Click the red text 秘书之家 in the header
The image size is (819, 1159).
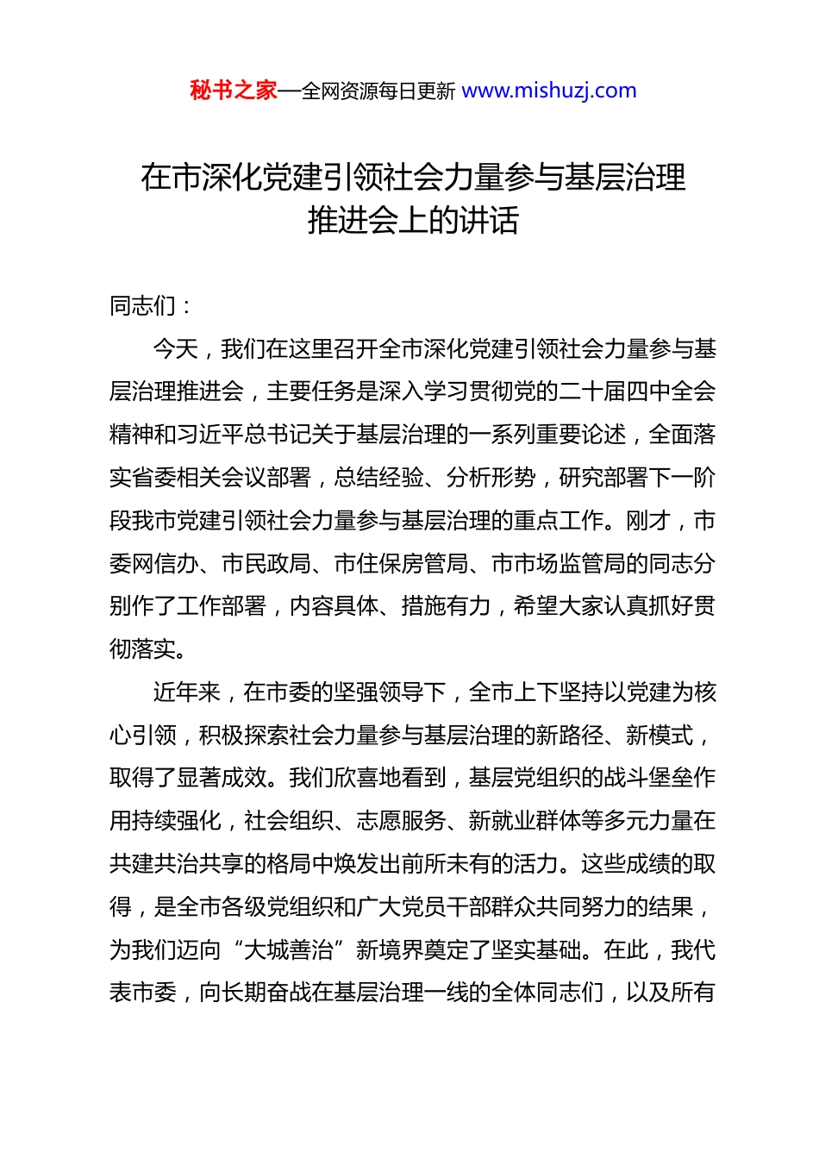coord(234,91)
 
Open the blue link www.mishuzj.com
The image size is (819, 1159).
coord(549,91)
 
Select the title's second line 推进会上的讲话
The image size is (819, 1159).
coord(413,221)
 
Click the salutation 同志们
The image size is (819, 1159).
coord(142,306)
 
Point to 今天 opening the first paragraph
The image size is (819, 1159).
coord(176,349)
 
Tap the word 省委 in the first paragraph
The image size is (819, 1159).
coord(154,479)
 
